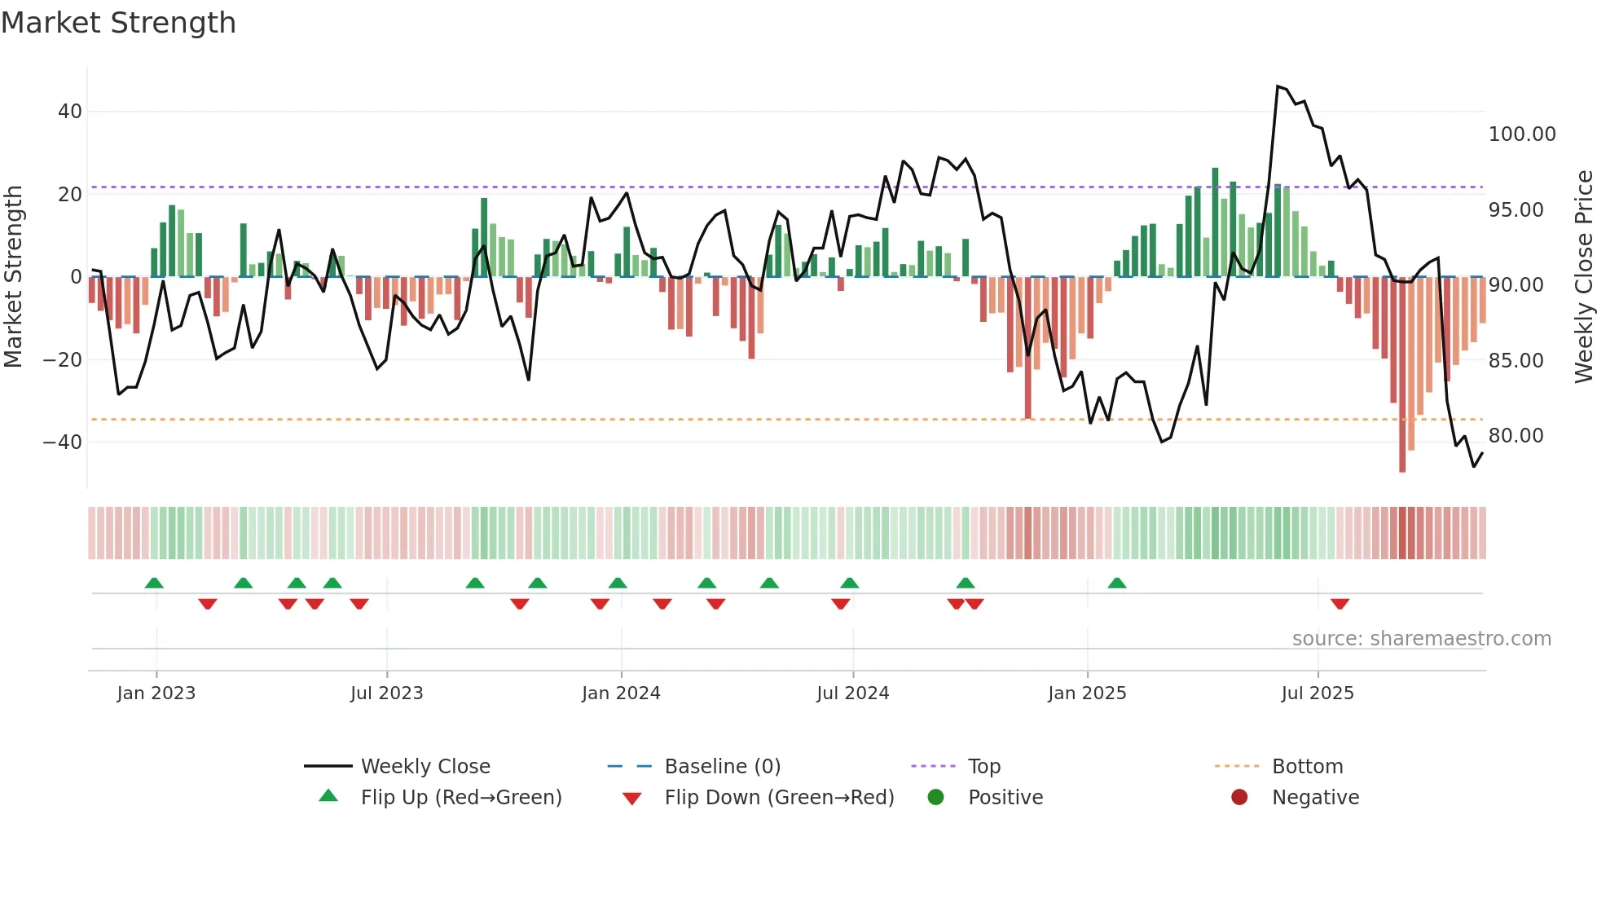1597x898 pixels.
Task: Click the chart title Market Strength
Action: pos(118,23)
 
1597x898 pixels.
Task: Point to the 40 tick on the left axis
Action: pos(70,112)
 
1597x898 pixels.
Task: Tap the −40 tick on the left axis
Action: pos(63,442)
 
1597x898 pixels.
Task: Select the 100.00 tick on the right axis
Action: pos(1521,134)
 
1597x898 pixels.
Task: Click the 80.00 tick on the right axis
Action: pos(1516,436)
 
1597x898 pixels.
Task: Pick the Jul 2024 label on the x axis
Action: pos(852,693)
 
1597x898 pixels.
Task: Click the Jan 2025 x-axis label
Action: pos(1087,693)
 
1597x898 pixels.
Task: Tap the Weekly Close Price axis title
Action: pos(1583,276)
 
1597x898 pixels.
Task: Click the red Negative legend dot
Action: pos(1239,797)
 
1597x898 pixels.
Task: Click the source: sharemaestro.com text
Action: pos(1421,639)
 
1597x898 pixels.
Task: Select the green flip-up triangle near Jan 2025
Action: pos(1117,583)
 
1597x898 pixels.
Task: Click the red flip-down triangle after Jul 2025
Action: pos(1340,604)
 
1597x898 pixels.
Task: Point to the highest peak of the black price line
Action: pos(1278,86)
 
